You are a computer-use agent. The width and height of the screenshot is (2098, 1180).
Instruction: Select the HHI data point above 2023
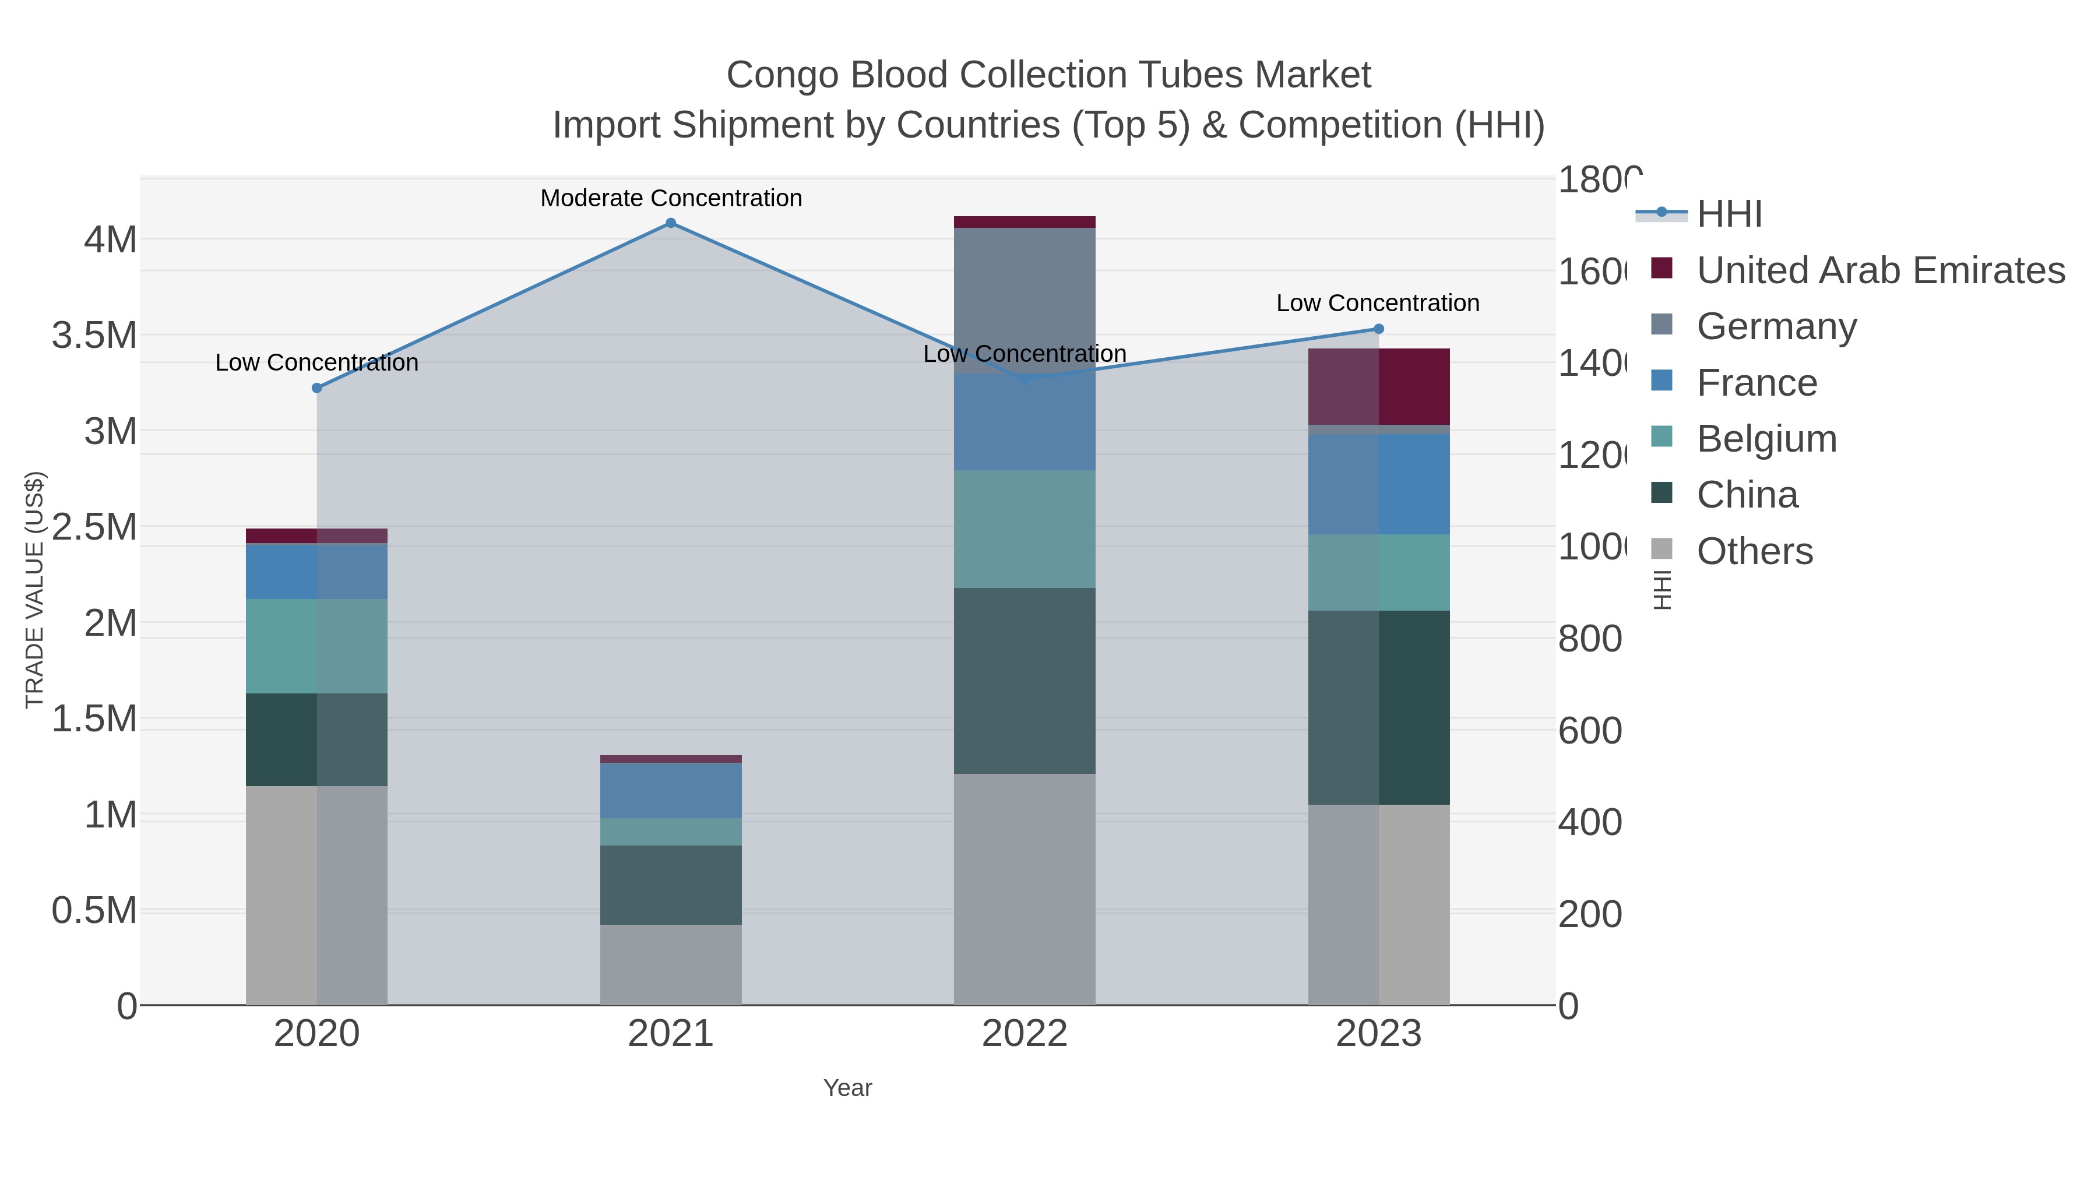[x=1378, y=329]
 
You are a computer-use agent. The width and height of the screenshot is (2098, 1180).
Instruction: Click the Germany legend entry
[x=1776, y=326]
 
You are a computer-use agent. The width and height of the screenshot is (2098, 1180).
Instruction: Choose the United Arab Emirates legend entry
[x=1879, y=270]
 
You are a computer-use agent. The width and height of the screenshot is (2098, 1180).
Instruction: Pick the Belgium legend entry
[x=1766, y=439]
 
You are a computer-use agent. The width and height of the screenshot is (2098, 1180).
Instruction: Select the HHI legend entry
[x=1729, y=214]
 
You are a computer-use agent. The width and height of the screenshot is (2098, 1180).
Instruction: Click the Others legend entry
[x=1754, y=551]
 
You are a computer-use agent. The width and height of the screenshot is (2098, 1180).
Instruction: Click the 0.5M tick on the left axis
[x=94, y=910]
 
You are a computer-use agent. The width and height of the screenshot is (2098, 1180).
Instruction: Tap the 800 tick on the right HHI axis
[x=1589, y=639]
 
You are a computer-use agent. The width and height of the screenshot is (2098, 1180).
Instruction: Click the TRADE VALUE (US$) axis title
[x=35, y=590]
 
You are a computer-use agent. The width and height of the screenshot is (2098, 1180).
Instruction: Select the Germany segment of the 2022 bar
[x=1024, y=300]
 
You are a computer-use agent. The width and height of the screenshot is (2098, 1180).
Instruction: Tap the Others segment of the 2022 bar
[x=1024, y=889]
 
